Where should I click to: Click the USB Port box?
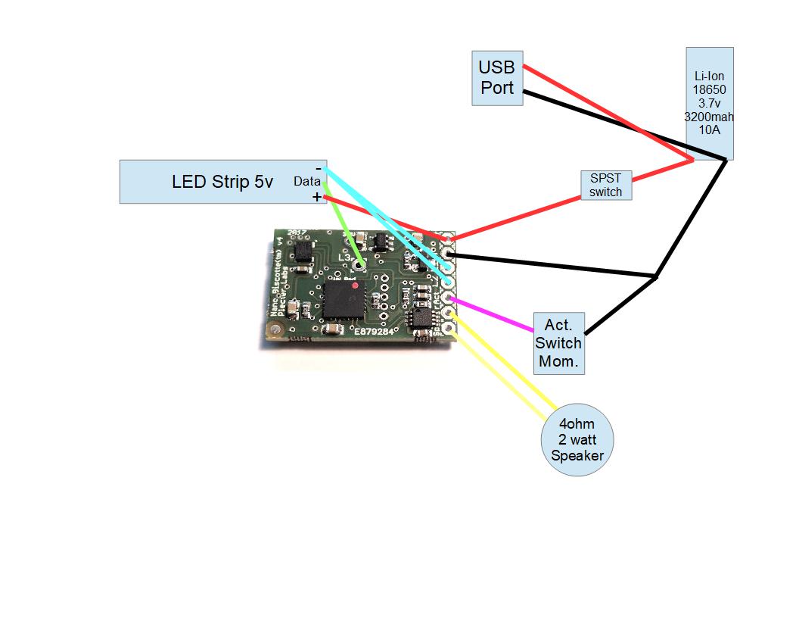[496, 78]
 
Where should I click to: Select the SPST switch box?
[605, 185]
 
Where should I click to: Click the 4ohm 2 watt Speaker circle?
[577, 439]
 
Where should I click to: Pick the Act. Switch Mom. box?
[558, 343]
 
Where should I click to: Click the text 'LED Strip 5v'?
[222, 182]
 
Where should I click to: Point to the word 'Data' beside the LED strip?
[306, 182]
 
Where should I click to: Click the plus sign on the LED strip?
[316, 197]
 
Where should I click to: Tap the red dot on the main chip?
[355, 285]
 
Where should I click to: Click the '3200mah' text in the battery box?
[709, 117]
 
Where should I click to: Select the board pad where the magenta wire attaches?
[449, 298]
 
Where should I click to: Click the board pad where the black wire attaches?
[450, 254]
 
